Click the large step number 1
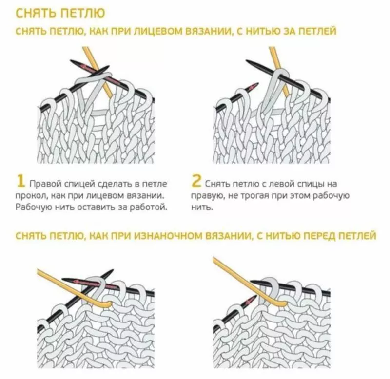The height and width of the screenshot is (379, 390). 20,181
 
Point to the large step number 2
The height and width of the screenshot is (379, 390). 196,181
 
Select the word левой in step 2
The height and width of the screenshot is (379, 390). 282,184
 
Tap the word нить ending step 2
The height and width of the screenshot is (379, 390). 202,207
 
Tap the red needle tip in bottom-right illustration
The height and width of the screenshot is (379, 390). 252,300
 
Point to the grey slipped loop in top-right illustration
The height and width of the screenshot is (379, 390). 273,90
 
